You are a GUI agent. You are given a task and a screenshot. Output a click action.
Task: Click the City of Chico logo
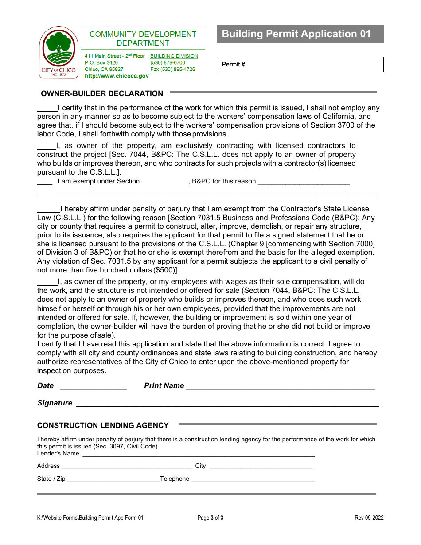tap(58, 52)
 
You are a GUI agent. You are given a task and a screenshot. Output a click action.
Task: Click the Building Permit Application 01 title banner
tap(300, 34)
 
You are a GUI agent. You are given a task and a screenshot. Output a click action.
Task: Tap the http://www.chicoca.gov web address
tap(117, 76)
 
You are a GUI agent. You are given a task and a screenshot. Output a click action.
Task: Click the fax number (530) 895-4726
tap(172, 70)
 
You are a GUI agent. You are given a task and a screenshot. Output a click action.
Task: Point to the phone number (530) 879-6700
tap(168, 63)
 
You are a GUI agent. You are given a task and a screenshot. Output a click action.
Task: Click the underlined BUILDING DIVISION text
tap(174, 56)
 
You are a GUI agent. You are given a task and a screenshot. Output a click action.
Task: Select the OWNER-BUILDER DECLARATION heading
tap(102, 94)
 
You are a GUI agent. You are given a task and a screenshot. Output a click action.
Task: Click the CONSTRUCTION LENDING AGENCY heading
tap(103, 426)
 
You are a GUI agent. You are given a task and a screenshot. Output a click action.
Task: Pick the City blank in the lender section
tap(260, 467)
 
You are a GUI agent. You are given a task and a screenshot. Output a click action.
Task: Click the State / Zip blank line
tap(113, 480)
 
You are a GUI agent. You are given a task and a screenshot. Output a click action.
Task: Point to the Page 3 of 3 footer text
tap(210, 518)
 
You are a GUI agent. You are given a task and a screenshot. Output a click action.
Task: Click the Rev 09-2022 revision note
tap(369, 518)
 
